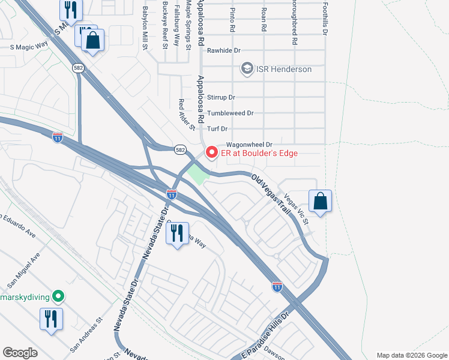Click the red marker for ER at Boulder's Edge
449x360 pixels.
coord(211,153)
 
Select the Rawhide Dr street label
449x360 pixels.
coord(223,51)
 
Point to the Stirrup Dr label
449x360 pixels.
coord(221,97)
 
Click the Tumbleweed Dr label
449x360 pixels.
coord(231,113)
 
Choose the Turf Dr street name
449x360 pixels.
coord(217,129)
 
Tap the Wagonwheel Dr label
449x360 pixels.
coord(249,145)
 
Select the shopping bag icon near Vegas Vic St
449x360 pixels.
coord(321,202)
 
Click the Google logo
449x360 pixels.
coord(20,352)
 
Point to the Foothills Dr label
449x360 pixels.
coord(324,18)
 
